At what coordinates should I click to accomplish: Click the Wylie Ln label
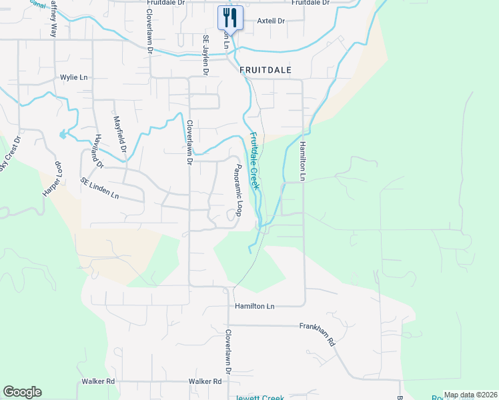(x=74, y=77)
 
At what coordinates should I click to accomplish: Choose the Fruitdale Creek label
(x=254, y=161)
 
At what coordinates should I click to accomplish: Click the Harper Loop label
(x=53, y=179)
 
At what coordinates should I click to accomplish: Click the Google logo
(x=22, y=392)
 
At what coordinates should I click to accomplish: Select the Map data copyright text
(x=470, y=395)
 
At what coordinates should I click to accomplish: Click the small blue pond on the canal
(x=63, y=134)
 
